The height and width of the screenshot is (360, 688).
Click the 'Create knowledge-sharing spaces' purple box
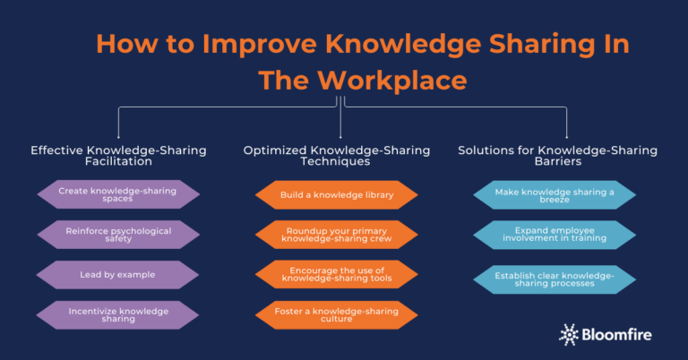coord(117,194)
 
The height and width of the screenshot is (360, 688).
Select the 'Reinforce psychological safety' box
coord(117,235)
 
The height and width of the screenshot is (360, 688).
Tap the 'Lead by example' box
coord(117,275)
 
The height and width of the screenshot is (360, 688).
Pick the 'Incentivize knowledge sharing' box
coord(117,315)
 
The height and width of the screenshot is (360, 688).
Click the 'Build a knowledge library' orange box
coord(338,194)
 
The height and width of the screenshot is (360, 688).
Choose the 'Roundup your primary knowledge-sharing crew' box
coord(338,235)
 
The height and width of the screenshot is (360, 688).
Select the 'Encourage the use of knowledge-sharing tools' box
coord(338,275)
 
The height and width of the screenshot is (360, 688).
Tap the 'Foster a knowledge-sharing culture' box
coord(338,315)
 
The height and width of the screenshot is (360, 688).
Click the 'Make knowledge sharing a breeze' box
coord(555,194)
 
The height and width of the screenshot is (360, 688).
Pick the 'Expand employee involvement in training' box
coord(555,235)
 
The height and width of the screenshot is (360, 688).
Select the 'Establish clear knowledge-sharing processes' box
coord(555,279)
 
